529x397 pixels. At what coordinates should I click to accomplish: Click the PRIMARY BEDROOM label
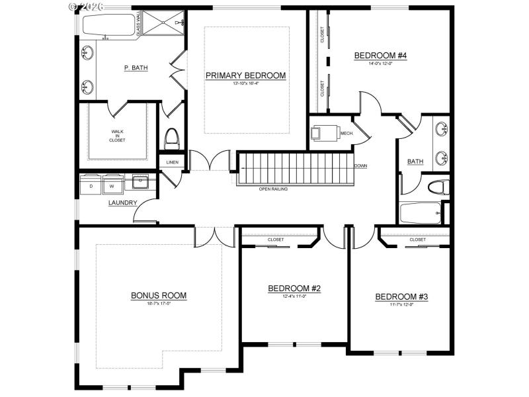pos(245,75)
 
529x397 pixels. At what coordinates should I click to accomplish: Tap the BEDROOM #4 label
pos(380,56)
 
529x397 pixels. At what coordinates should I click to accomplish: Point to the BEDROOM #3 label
pos(401,297)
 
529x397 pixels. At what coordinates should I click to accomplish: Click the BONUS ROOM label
pos(158,295)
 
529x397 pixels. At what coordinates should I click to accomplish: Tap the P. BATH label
pos(136,67)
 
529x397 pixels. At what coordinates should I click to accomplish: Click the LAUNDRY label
pos(123,202)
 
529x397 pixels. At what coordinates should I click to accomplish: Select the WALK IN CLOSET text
pos(117,136)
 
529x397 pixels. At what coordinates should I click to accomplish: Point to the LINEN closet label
pos(172,162)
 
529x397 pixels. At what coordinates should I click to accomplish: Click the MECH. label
pos(346,134)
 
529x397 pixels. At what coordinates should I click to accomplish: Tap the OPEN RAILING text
pos(273,189)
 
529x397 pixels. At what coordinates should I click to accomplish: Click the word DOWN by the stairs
pos(360,166)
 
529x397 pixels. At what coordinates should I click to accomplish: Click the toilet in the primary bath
pos(171,138)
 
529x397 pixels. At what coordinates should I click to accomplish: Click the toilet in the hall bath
pos(434,188)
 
